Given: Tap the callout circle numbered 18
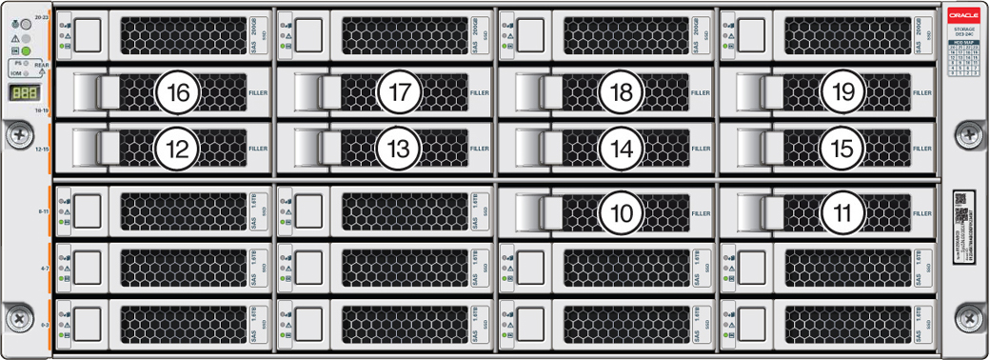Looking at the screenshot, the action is tap(621, 92).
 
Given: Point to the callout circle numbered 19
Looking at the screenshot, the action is tap(841, 92).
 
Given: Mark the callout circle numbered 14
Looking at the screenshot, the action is tap(621, 148).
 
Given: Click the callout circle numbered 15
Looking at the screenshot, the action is tap(841, 148).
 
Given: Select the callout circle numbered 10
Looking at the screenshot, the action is tap(621, 213).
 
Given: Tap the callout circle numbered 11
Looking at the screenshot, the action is tap(841, 213).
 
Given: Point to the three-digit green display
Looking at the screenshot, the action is tap(25, 93).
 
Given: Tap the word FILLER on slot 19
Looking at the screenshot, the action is tap(921, 93).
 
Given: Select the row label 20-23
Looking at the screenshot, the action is tap(40, 18).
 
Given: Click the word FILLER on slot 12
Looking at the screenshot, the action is tap(258, 149).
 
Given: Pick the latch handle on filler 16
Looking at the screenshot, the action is tap(96, 92).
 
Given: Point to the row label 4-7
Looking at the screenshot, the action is tap(43, 269).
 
